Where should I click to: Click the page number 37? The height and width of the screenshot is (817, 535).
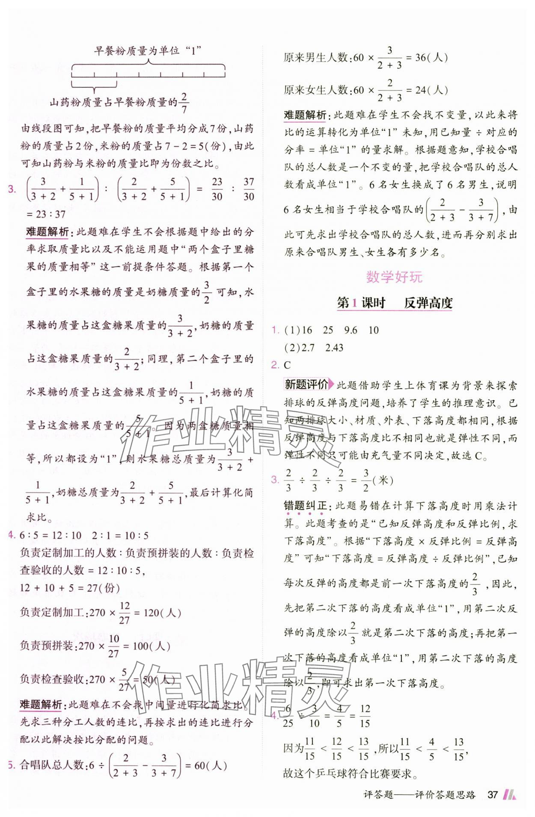click(x=493, y=794)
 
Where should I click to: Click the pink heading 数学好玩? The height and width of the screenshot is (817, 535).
click(x=394, y=277)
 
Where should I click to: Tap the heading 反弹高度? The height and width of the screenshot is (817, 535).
click(x=428, y=303)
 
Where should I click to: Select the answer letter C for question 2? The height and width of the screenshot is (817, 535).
click(x=287, y=365)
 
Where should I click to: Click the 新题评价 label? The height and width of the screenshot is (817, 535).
click(x=306, y=384)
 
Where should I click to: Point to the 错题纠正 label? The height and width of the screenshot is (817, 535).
click(x=305, y=506)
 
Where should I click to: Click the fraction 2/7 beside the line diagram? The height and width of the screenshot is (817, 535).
click(x=184, y=103)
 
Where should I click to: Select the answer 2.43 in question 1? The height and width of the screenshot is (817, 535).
click(x=334, y=348)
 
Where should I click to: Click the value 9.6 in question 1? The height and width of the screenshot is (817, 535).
click(x=351, y=330)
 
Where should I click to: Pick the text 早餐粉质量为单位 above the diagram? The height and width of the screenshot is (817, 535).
click(x=137, y=51)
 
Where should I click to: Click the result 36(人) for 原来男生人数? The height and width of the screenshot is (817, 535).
click(x=431, y=57)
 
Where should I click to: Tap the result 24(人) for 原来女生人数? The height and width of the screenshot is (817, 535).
click(x=431, y=90)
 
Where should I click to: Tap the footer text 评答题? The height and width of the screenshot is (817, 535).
click(x=378, y=795)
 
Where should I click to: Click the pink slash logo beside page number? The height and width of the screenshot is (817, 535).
click(x=509, y=794)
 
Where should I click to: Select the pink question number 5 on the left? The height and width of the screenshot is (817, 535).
click(x=11, y=765)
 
